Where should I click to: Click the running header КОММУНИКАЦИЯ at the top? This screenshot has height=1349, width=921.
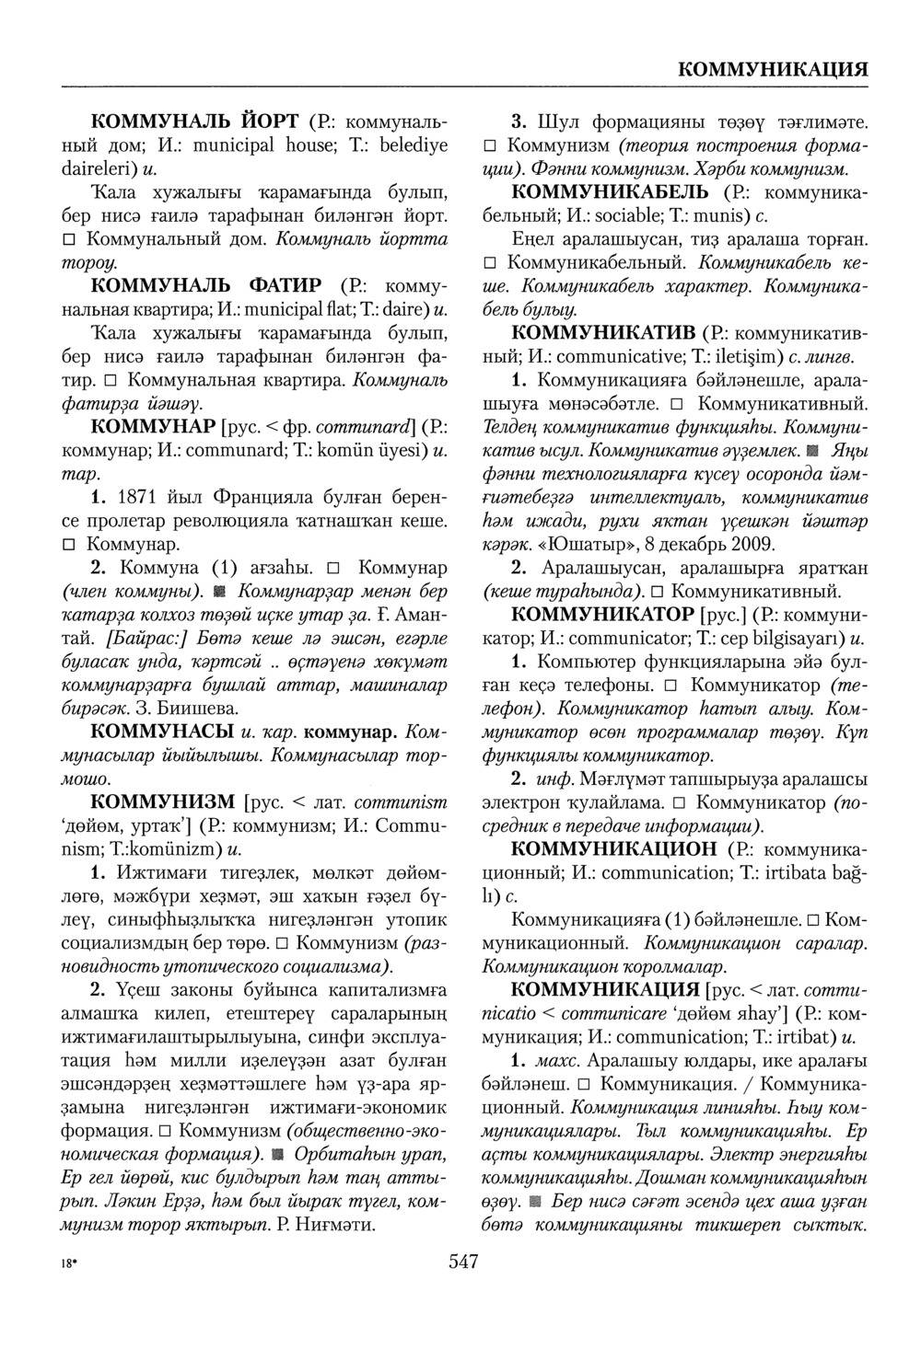pyautogui.click(x=773, y=70)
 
